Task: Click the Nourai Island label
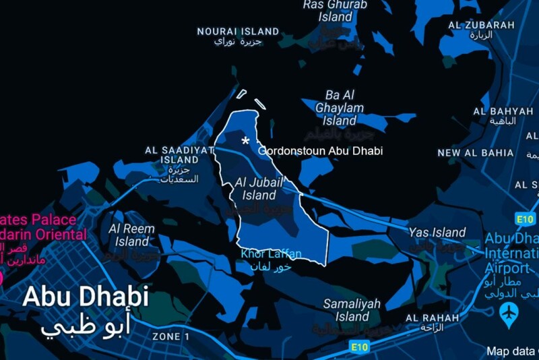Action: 238,32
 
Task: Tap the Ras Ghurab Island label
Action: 335,11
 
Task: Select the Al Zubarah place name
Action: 481,25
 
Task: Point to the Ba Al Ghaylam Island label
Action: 340,108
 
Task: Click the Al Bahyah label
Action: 503,111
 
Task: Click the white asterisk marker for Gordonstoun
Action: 246,141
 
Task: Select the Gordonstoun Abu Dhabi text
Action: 320,151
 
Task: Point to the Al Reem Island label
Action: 132,235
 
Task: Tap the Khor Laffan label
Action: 272,254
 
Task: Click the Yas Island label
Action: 437,233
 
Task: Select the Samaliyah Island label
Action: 352,310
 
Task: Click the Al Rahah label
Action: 432,318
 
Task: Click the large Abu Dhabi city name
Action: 85,297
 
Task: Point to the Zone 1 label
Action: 166,336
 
